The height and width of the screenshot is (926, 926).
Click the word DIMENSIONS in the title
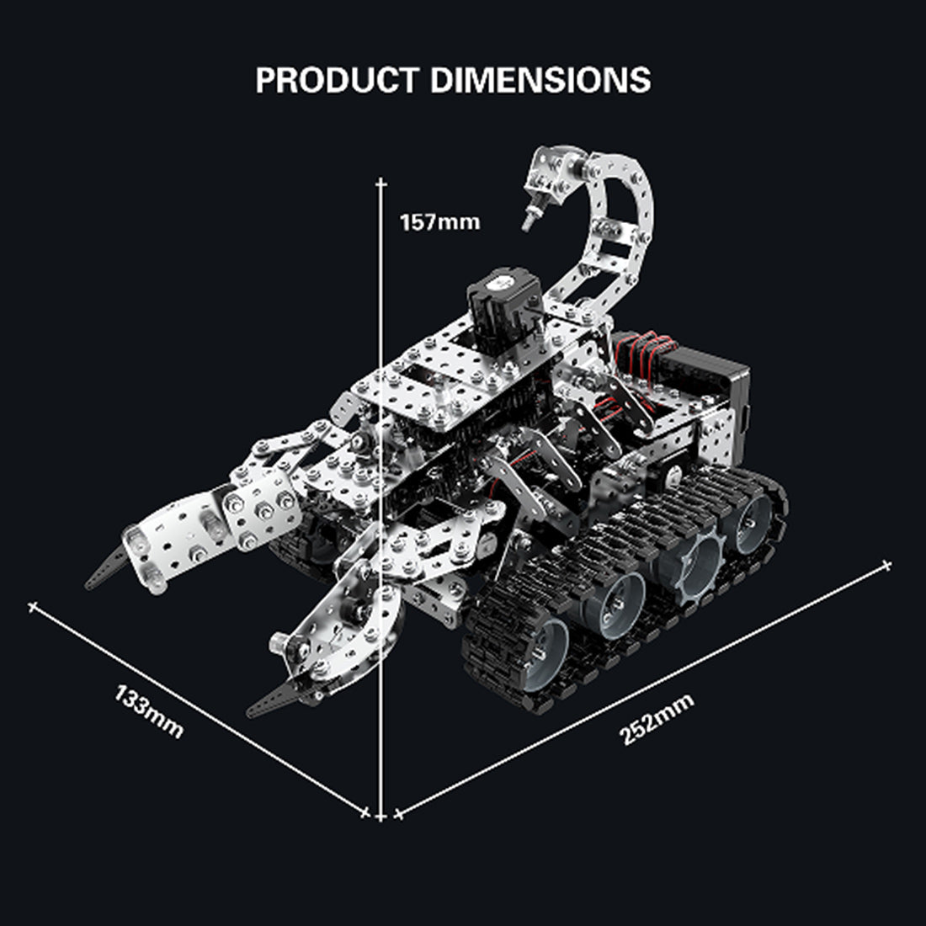point(540,80)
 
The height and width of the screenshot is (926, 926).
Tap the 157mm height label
point(439,222)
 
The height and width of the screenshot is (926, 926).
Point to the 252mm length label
point(657,720)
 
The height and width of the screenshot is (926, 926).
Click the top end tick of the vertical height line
point(381,182)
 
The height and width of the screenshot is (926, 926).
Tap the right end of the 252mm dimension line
point(886,564)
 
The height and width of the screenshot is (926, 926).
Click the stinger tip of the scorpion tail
point(528,224)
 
